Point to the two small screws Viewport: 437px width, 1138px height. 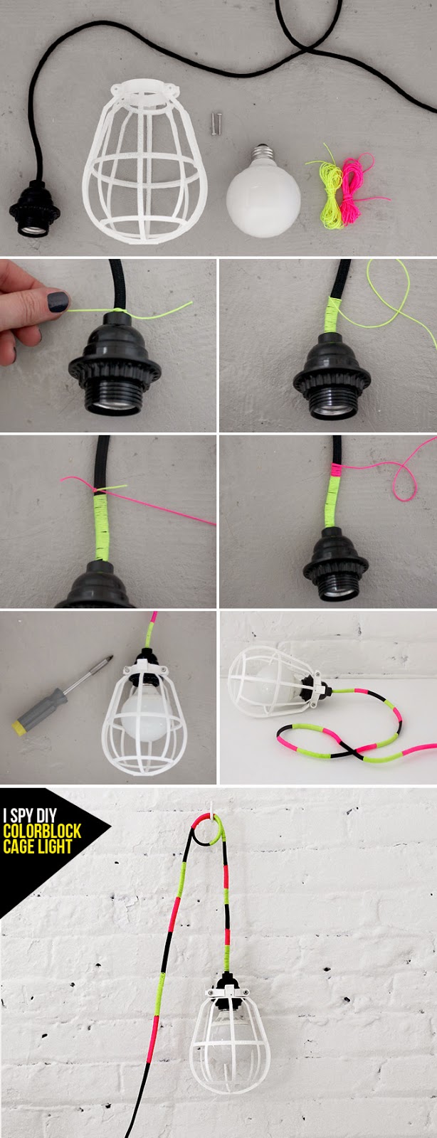(x=216, y=124)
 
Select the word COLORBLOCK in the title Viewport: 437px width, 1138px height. (x=42, y=831)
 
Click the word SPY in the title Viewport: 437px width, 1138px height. (x=23, y=815)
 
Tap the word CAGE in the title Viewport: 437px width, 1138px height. (x=18, y=847)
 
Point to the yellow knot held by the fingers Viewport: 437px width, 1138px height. (x=118, y=310)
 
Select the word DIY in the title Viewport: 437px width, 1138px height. (x=48, y=815)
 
